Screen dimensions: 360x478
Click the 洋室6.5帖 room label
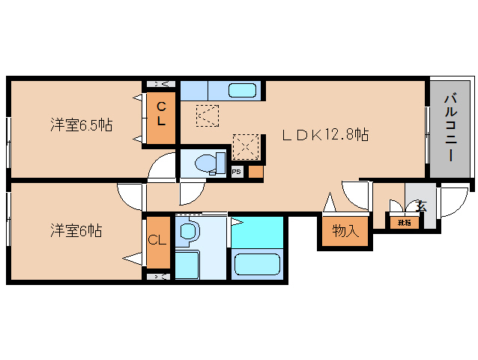click(x=81, y=124)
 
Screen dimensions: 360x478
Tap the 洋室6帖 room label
click(x=76, y=231)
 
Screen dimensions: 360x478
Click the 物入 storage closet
click(x=345, y=230)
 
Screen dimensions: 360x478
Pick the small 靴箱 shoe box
click(x=404, y=223)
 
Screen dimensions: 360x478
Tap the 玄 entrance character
click(x=422, y=205)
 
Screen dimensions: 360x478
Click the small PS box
click(x=236, y=172)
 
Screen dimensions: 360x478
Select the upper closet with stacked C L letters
click(x=160, y=117)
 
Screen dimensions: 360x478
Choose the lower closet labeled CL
click(x=157, y=241)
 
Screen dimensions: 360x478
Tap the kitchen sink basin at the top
click(x=243, y=91)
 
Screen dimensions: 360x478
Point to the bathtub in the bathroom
click(x=257, y=263)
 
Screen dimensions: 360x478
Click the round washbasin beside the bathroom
click(x=187, y=232)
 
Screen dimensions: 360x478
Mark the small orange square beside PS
click(x=255, y=172)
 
